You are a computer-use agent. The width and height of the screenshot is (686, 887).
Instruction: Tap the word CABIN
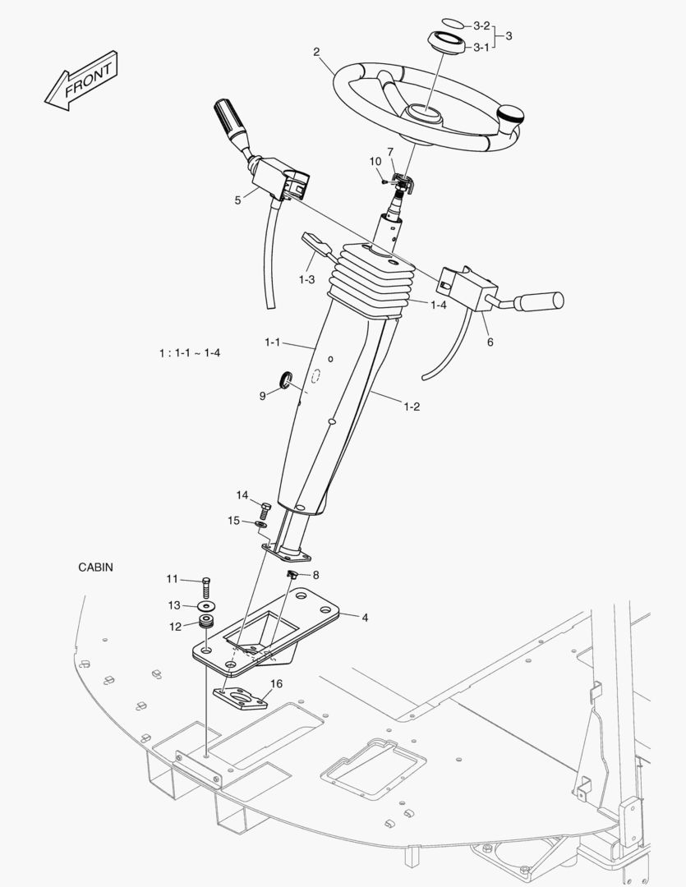coord(95,567)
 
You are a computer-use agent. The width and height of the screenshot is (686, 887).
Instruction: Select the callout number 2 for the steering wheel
coord(316,53)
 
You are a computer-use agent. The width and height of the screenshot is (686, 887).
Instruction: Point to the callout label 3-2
coord(481,25)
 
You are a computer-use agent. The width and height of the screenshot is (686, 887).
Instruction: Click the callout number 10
coord(375,161)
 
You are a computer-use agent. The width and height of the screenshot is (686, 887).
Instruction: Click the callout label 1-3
coord(306,279)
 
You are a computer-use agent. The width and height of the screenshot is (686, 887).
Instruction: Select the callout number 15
coord(234,520)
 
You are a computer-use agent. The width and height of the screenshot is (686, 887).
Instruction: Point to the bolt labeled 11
coord(205,586)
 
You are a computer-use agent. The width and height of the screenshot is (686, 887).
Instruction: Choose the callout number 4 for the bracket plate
coord(364,617)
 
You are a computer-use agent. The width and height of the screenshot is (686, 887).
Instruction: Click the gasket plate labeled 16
coord(242,696)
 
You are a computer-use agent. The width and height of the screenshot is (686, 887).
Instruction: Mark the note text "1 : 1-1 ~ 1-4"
coord(190,353)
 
